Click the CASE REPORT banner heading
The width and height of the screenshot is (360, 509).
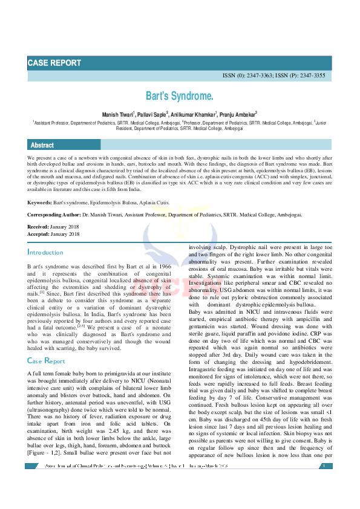(53, 63)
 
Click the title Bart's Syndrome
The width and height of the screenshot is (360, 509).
(180, 96)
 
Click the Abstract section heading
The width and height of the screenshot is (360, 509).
(42, 145)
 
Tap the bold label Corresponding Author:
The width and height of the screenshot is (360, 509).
(56, 215)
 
